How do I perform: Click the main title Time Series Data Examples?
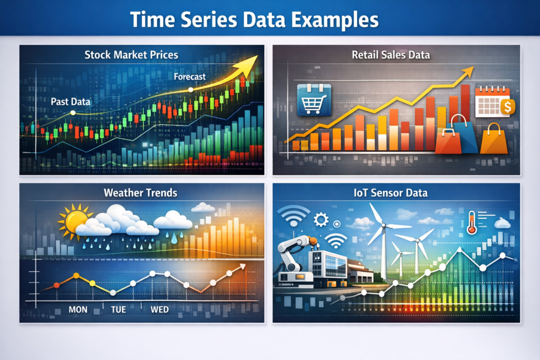coord(254,20)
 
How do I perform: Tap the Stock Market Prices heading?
coord(132,54)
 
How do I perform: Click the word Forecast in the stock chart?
coord(190,77)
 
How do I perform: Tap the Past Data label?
coord(70,101)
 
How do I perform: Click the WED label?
coord(160,309)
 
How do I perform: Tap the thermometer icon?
coord(471,222)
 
